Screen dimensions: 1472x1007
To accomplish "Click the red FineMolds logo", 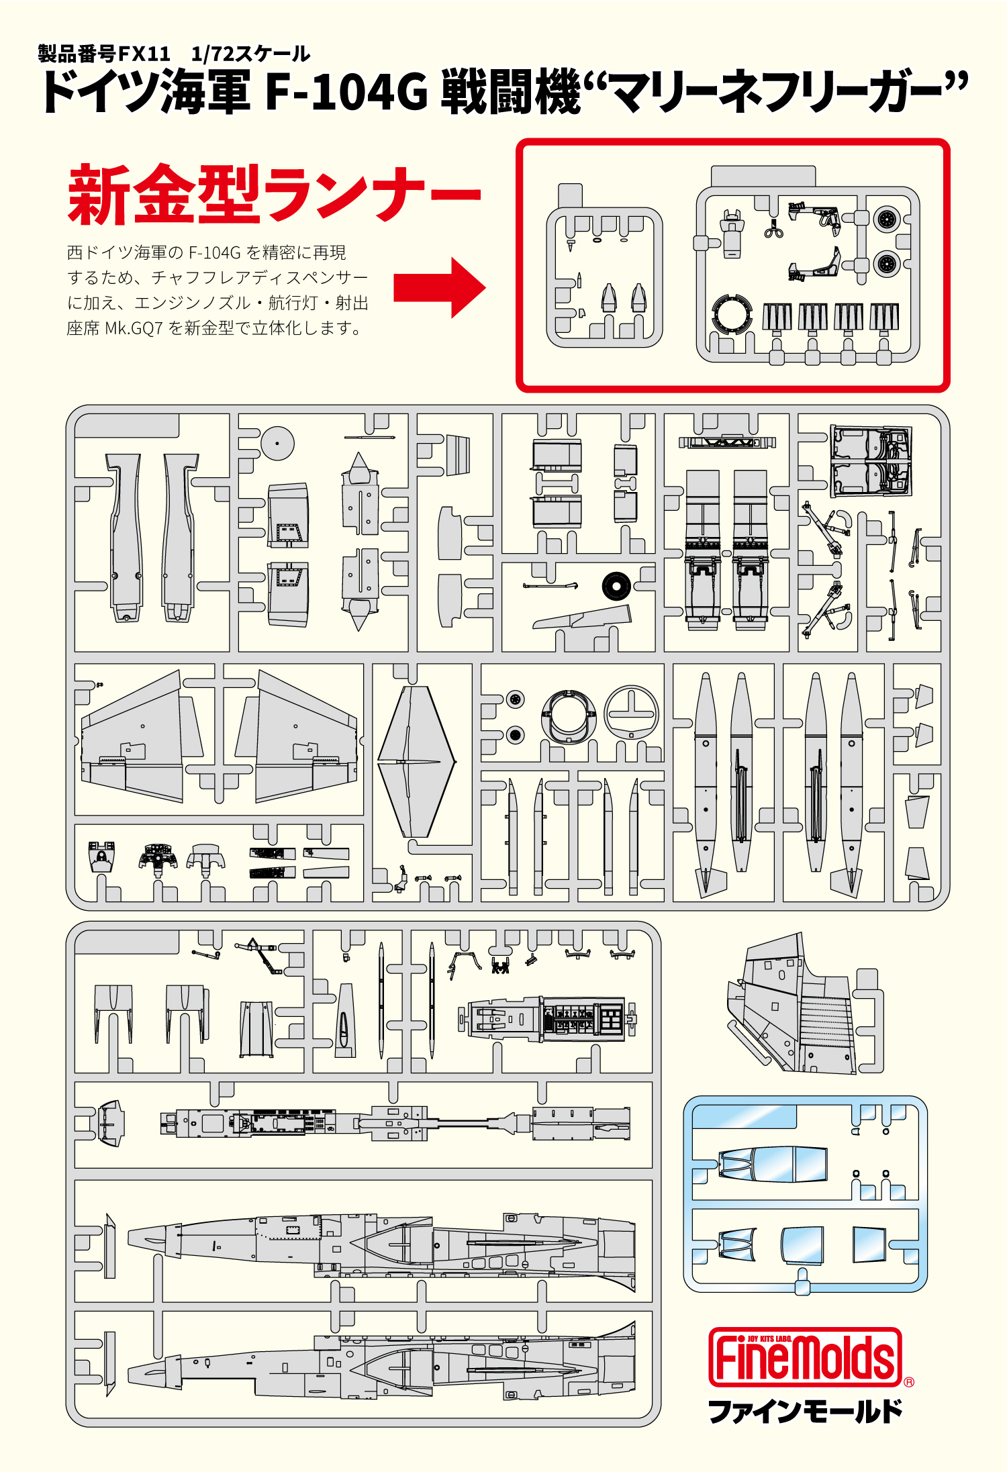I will click(x=804, y=1357).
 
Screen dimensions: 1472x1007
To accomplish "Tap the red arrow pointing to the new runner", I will click(x=439, y=287).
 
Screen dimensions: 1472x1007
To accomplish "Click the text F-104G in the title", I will click(x=346, y=93).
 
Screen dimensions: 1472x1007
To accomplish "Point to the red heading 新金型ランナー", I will click(x=274, y=195).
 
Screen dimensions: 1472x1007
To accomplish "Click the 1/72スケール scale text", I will click(x=250, y=54).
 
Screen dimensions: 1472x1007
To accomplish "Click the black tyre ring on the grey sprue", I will click(x=615, y=586).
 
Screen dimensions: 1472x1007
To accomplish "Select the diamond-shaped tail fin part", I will click(x=416, y=761).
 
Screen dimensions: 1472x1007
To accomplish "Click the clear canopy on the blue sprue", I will click(x=772, y=1164).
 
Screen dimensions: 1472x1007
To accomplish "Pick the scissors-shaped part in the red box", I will click(x=773, y=230).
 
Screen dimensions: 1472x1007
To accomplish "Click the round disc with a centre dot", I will click(x=277, y=442).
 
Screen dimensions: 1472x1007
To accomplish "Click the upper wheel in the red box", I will click(x=887, y=218).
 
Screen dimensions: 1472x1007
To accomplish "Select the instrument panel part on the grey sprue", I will click(x=158, y=856).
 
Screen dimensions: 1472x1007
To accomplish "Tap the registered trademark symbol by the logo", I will click(x=909, y=1381).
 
